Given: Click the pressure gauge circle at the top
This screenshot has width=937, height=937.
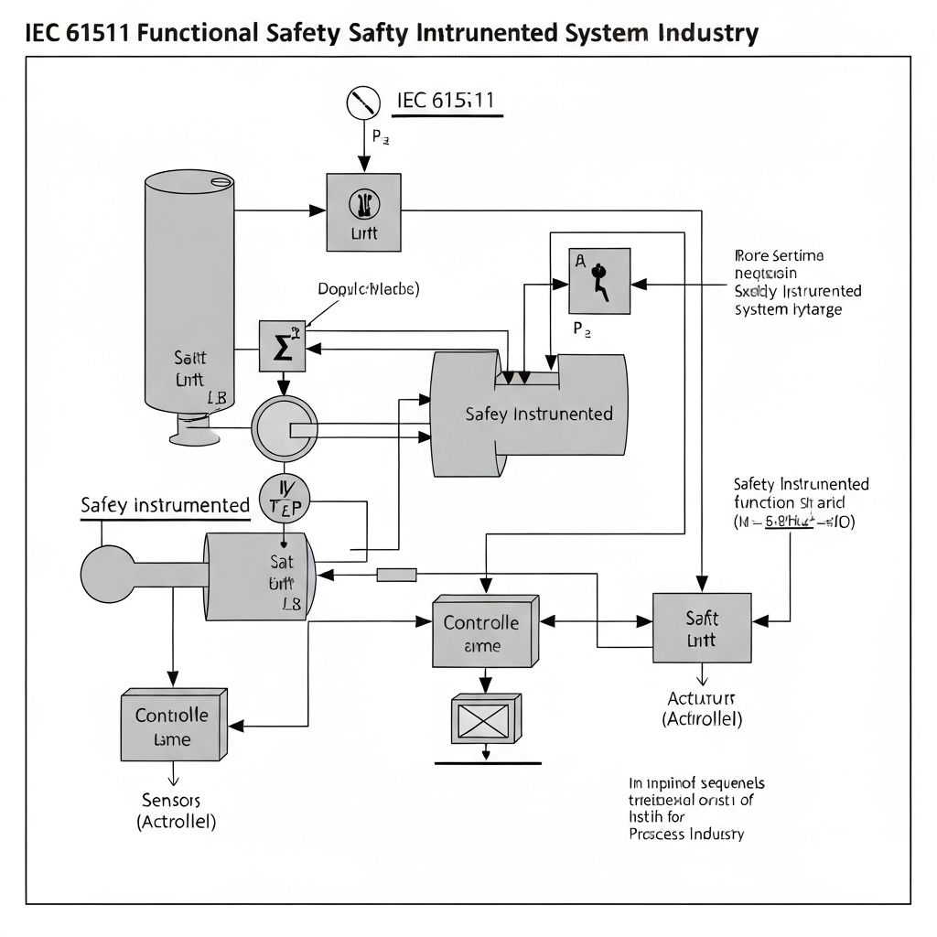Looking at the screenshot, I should click(363, 102).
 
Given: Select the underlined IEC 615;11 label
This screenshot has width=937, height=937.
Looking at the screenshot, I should click(446, 102).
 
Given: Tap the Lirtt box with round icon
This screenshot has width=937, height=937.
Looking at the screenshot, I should click(363, 211).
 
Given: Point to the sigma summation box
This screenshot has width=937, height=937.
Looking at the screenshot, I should click(282, 346).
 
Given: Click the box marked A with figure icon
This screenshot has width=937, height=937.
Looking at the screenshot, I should click(599, 281).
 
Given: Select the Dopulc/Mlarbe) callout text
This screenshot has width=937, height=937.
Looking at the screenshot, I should click(368, 289).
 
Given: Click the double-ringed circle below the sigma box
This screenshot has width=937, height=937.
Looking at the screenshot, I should click(285, 427).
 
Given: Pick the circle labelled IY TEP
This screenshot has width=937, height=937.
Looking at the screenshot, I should click(285, 498).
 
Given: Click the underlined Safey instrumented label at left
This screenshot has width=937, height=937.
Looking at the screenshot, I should click(165, 505).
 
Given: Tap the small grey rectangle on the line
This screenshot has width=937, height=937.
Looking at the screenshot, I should click(397, 575).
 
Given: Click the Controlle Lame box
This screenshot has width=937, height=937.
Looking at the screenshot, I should click(173, 725).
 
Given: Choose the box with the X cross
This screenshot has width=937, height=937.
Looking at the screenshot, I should click(486, 718).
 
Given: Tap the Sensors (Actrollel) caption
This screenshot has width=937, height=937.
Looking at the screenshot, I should click(176, 811).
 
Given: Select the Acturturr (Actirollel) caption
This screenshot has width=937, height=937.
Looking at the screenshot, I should click(702, 708).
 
